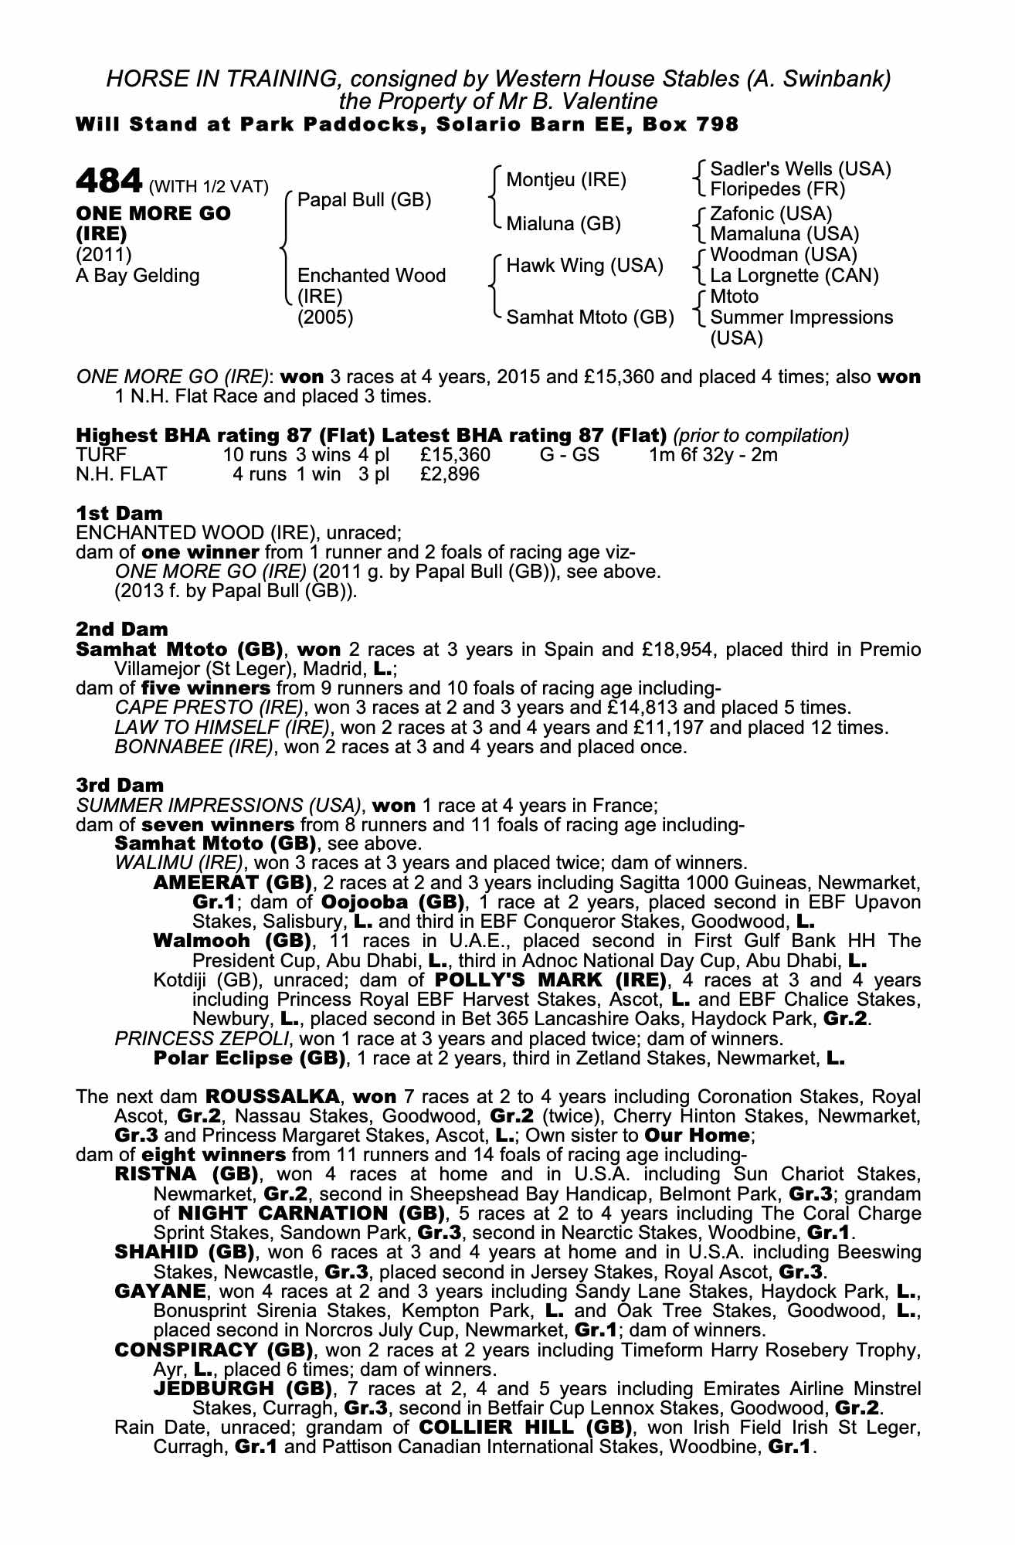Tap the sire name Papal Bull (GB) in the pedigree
point(364,200)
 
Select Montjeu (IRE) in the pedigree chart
point(565,180)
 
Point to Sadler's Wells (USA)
point(800,169)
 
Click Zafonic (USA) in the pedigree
point(770,214)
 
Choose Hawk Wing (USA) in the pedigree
point(585,266)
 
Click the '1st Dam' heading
point(120,513)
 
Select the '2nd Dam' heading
point(122,630)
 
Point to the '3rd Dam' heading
point(121,785)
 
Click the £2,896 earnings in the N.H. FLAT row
point(450,474)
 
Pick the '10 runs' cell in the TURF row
point(254,454)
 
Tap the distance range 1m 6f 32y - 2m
point(713,454)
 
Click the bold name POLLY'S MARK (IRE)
point(550,980)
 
